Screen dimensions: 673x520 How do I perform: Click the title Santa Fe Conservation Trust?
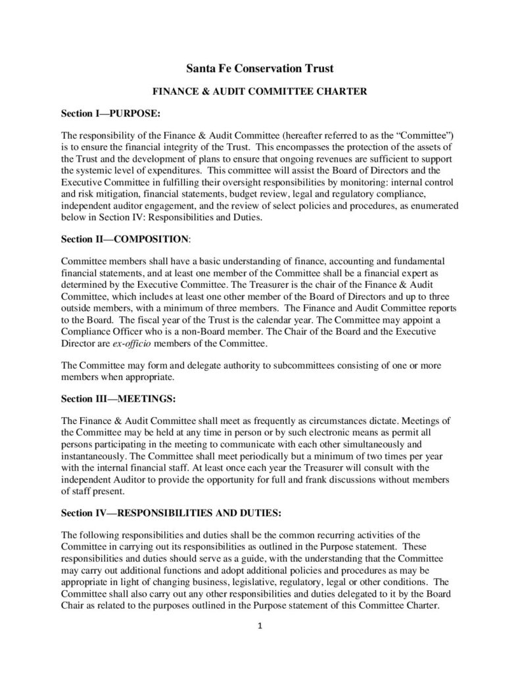click(260, 68)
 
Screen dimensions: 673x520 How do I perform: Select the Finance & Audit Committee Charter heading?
click(260, 93)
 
